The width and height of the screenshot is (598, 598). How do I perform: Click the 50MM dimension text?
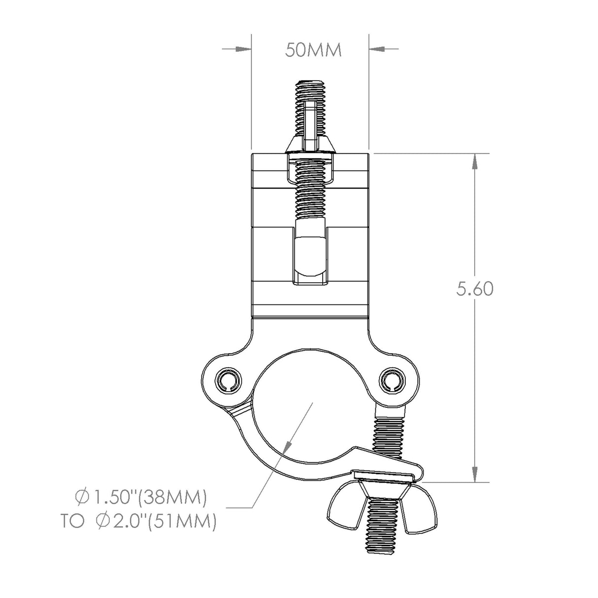(314, 50)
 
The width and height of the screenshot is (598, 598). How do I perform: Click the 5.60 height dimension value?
(474, 289)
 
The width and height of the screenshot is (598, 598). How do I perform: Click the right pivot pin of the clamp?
(392, 379)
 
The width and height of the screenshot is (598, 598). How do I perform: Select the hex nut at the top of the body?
(310, 144)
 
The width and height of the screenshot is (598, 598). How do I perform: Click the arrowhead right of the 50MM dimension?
(377, 49)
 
